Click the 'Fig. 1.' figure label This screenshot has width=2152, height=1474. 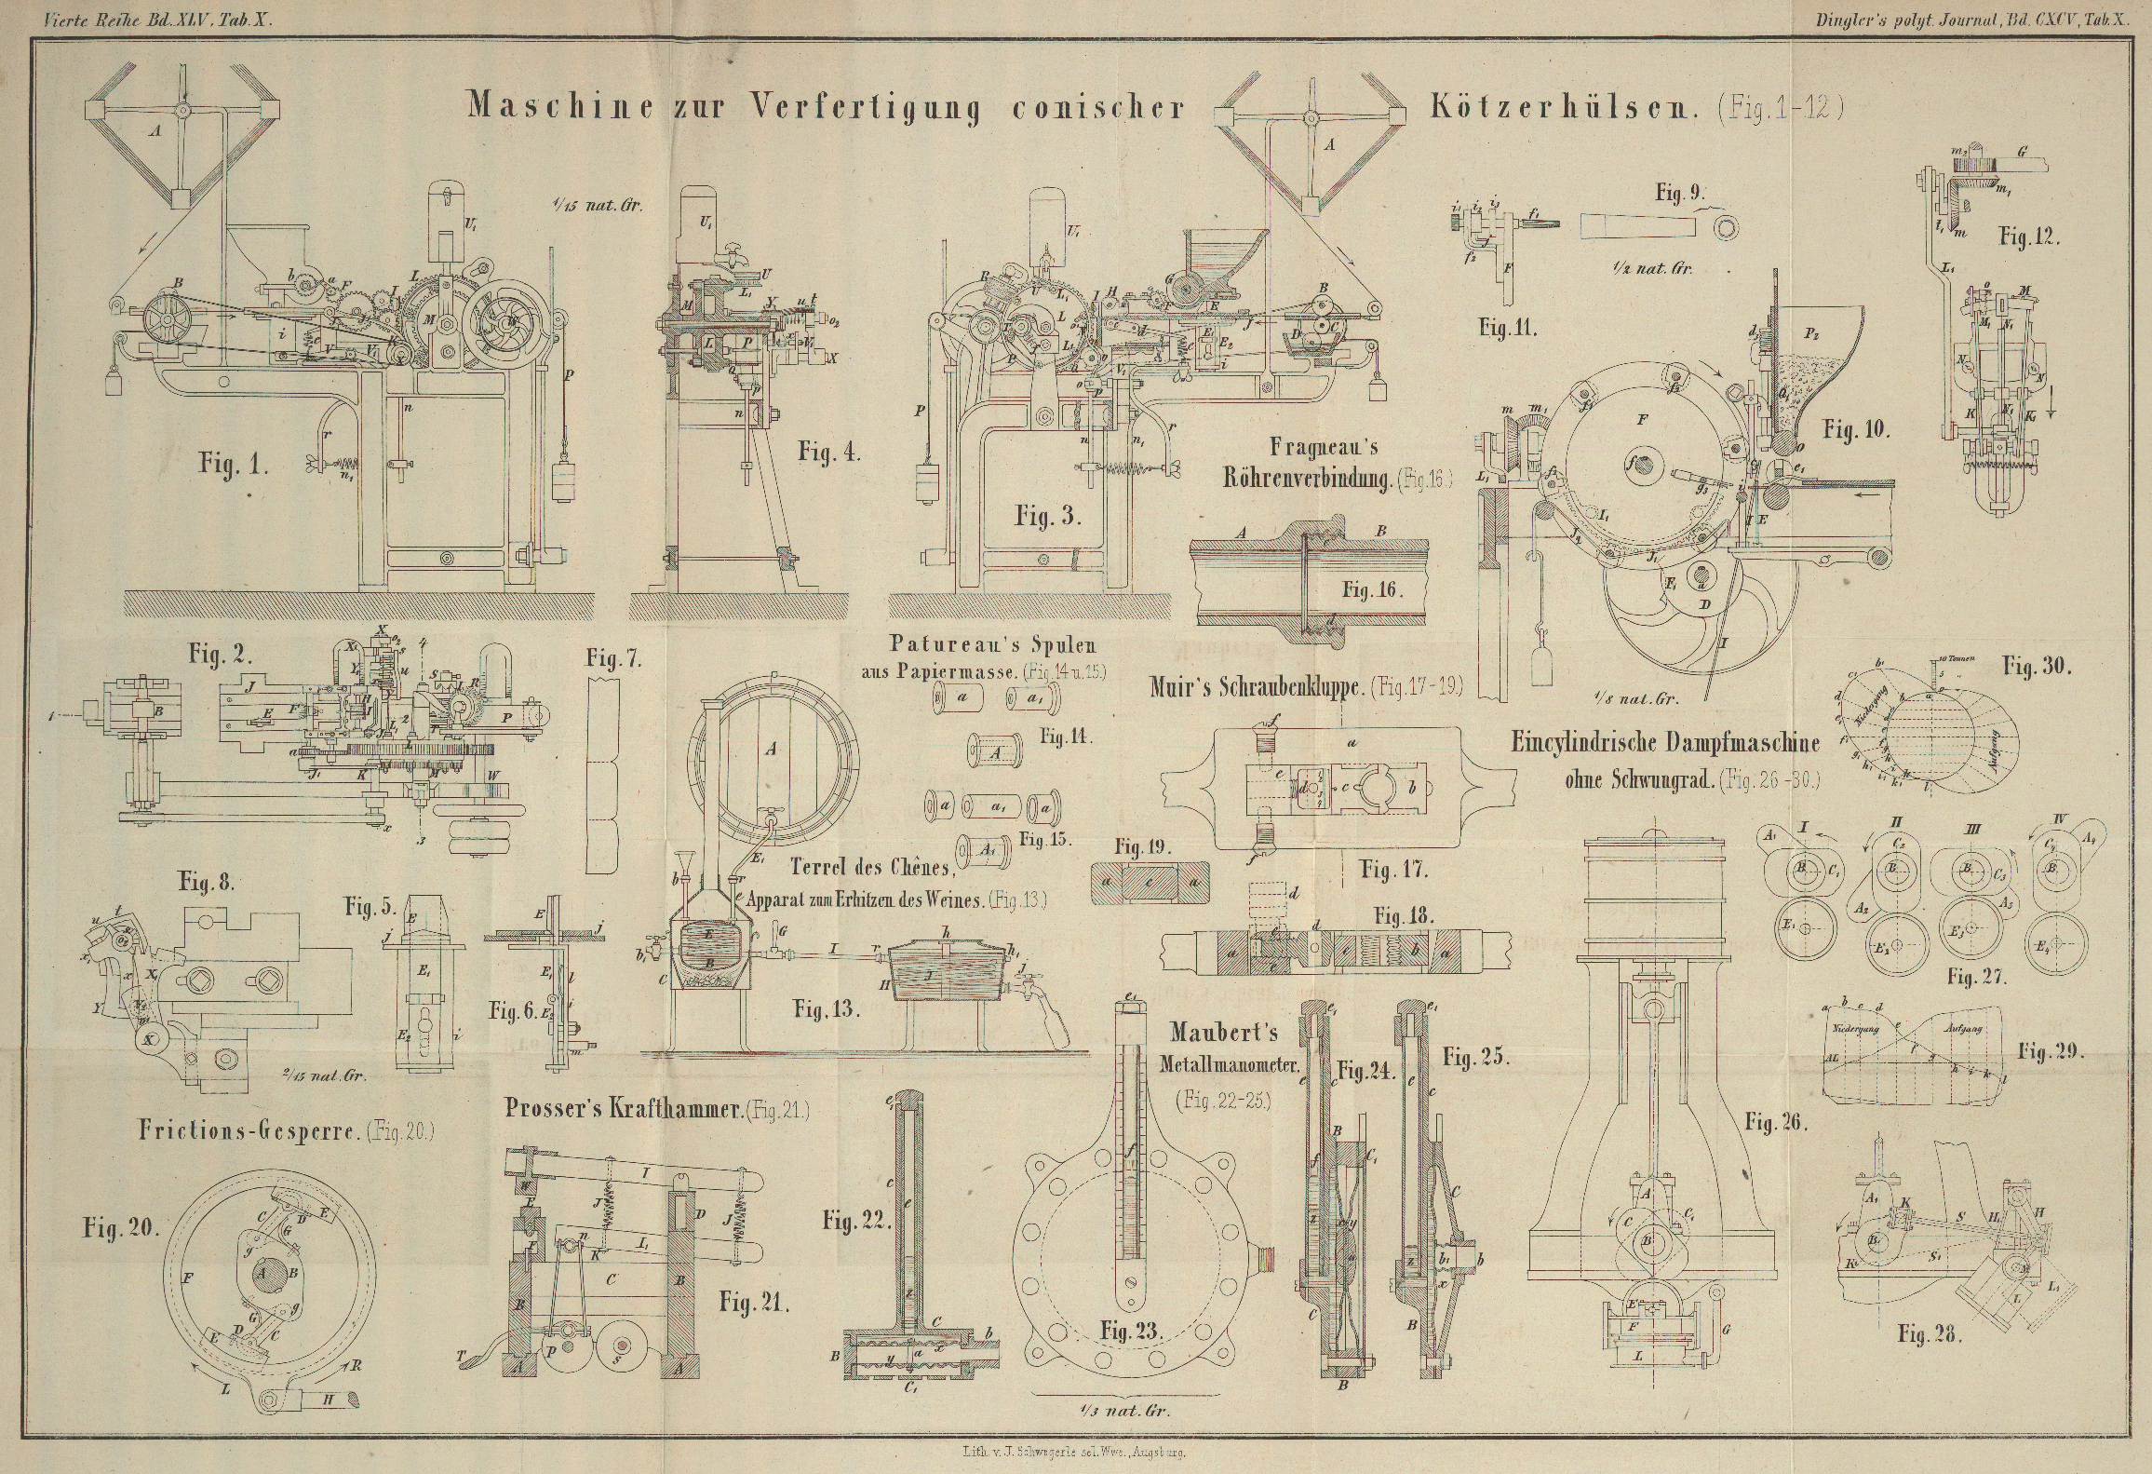(x=233, y=463)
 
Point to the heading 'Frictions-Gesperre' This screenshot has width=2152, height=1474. (x=249, y=1130)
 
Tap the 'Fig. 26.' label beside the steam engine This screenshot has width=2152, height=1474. (x=1775, y=1123)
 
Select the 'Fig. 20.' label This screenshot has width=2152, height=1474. (x=118, y=1227)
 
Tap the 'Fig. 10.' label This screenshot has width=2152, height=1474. (x=1853, y=429)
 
